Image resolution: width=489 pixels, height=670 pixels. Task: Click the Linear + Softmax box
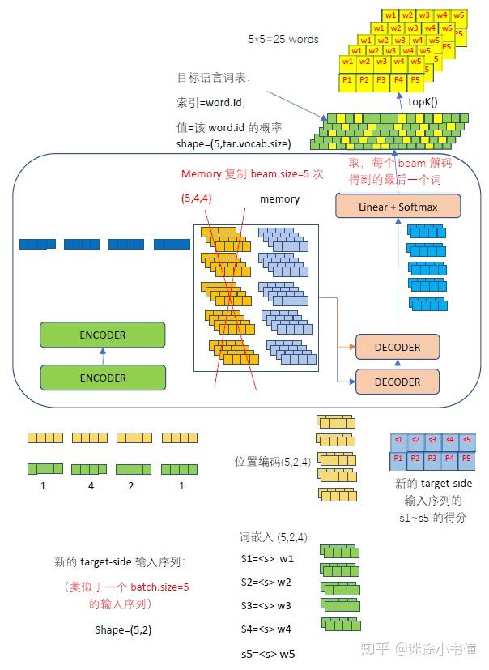[398, 206]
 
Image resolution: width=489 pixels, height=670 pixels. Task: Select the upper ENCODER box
[103, 335]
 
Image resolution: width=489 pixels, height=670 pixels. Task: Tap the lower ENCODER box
[103, 378]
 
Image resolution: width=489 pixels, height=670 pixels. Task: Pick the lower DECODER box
[398, 382]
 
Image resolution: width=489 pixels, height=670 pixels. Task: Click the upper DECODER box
[398, 347]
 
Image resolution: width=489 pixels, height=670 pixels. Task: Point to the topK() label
[423, 102]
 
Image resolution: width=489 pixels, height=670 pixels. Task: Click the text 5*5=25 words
[283, 40]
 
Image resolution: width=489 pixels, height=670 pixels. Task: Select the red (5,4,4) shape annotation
[197, 198]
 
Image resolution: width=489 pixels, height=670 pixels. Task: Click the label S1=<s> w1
[267, 558]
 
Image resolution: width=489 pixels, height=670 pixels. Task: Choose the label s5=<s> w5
[268, 654]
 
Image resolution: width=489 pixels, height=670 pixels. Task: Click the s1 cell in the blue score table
[398, 440]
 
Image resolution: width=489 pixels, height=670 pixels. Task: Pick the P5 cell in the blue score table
[466, 459]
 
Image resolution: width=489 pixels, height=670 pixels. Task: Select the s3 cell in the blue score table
[432, 440]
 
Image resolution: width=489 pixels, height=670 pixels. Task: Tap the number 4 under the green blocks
[91, 486]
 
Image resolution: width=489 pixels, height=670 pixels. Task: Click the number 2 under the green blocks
[131, 486]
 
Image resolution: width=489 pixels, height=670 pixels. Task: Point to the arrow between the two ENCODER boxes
[103, 356]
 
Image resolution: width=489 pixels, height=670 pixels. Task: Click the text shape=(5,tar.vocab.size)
[233, 144]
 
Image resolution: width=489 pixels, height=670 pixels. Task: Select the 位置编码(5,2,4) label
[273, 462]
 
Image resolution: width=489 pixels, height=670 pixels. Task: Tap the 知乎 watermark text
[375, 649]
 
